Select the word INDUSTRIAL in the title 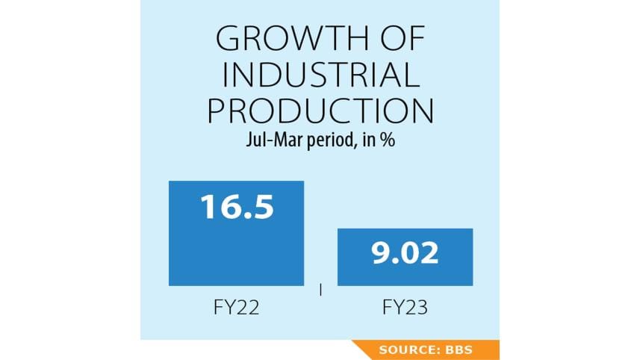[x=320, y=75]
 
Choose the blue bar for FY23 [x=405, y=269]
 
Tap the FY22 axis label [x=236, y=308]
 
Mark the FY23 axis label [x=405, y=308]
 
